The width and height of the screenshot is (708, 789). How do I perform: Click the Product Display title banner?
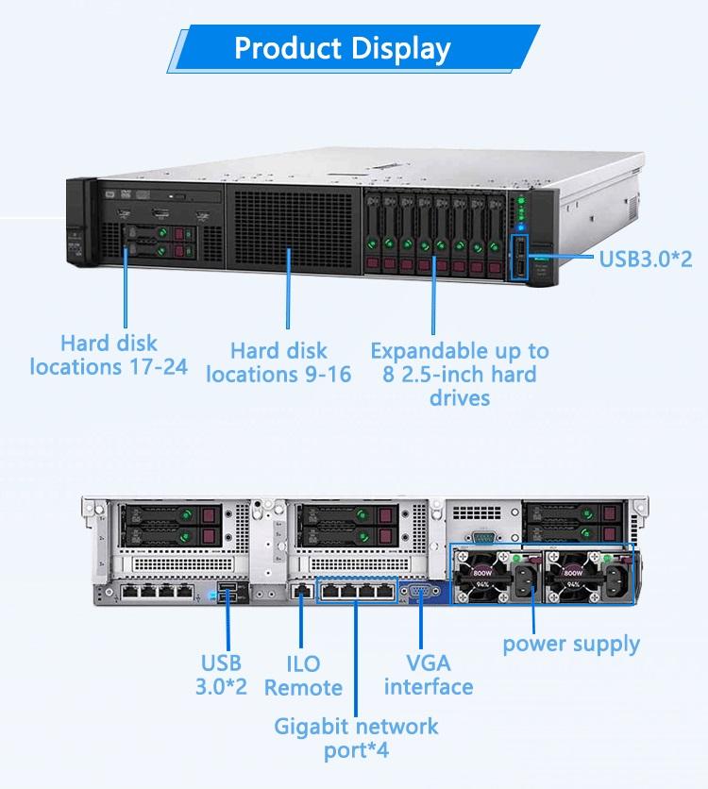(x=353, y=48)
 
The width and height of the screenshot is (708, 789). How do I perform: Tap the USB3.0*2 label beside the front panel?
(x=646, y=259)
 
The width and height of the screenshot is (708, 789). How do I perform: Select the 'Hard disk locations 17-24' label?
(x=109, y=355)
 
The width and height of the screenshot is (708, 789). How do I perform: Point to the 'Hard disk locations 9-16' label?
(x=278, y=362)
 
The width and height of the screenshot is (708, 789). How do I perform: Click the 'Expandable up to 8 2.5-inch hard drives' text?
(x=460, y=374)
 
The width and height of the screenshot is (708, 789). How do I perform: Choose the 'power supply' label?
(x=571, y=644)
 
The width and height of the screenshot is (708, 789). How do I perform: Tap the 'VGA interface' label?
(x=429, y=675)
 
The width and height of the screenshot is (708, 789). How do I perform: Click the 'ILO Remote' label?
(x=303, y=676)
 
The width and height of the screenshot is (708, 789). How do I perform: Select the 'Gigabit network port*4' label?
(x=356, y=738)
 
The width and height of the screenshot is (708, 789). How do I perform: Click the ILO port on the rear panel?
(x=301, y=591)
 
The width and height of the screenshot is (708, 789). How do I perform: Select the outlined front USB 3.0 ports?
(x=519, y=257)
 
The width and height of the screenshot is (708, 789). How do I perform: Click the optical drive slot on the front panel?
(x=161, y=195)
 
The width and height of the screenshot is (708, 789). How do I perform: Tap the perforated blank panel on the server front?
(x=294, y=229)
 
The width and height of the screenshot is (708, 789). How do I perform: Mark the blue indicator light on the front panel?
(x=521, y=227)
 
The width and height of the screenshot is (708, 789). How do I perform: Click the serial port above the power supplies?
(x=484, y=537)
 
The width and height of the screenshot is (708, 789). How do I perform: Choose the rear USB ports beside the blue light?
(x=228, y=592)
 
